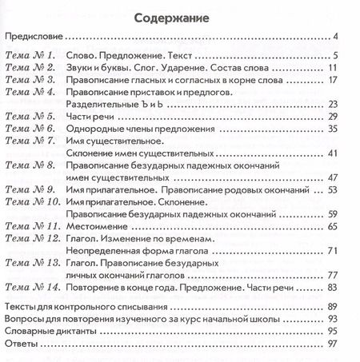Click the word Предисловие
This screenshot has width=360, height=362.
tap(34, 37)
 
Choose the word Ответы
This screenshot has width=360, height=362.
tap(21, 343)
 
